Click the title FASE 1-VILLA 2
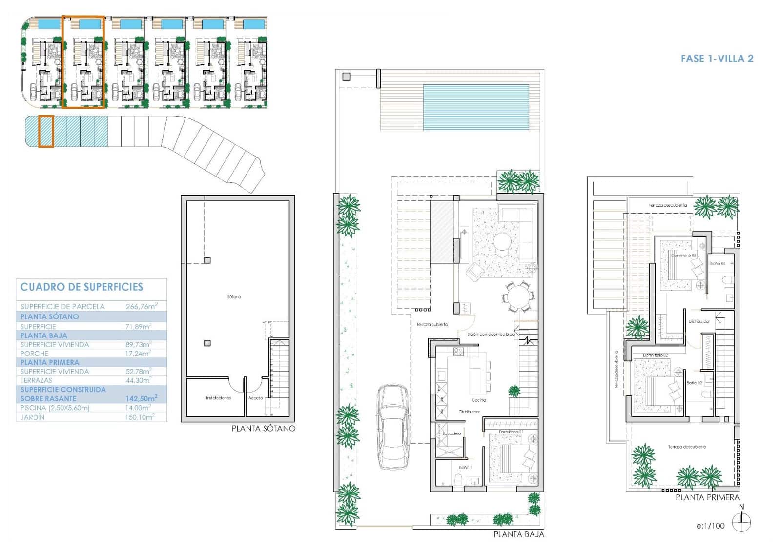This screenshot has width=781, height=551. (717, 59)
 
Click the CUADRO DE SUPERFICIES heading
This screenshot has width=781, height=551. (82, 287)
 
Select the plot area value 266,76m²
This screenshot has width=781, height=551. (141, 306)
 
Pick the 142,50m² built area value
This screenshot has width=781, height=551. (141, 398)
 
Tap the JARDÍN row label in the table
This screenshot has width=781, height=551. (32, 417)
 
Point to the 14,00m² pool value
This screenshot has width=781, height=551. (138, 408)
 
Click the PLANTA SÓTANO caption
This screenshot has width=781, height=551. (263, 429)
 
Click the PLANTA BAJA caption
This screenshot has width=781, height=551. (518, 534)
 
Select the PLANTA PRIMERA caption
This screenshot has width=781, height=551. (707, 497)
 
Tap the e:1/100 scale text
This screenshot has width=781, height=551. (710, 526)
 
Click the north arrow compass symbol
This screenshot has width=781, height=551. (741, 522)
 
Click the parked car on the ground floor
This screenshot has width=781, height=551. (393, 427)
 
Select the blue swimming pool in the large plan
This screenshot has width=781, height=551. (475, 107)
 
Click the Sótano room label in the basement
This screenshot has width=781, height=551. (234, 296)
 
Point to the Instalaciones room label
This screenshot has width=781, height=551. (218, 398)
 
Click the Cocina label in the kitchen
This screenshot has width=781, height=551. (478, 400)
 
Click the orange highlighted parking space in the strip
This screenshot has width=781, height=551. (45, 131)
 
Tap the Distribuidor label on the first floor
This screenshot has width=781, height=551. (699, 321)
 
